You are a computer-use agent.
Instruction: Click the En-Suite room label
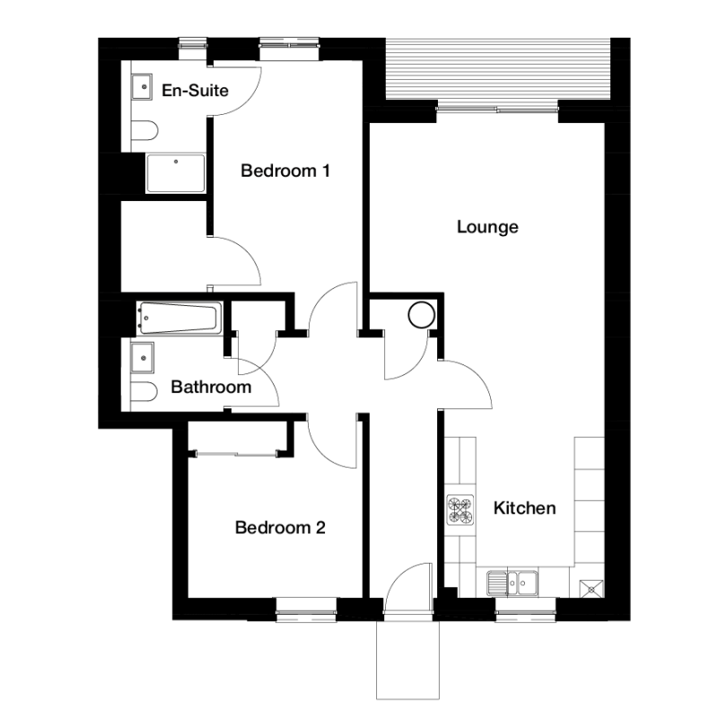click(195, 91)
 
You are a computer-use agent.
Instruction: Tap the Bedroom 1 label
click(285, 171)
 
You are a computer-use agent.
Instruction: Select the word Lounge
click(487, 227)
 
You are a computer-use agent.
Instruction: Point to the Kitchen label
click(525, 508)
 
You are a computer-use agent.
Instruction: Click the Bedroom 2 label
click(280, 528)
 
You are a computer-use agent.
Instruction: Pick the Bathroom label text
click(211, 388)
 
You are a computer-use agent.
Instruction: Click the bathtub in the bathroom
click(179, 318)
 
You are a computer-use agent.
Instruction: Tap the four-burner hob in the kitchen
click(460, 511)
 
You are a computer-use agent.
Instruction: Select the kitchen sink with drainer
click(512, 582)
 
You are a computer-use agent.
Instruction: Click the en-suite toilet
click(144, 130)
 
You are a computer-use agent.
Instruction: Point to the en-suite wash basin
click(142, 87)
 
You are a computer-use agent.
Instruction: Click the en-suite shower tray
click(175, 173)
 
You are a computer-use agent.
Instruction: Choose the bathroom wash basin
click(143, 357)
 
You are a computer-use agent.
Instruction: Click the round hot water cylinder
click(421, 315)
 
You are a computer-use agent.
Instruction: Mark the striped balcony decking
click(498, 69)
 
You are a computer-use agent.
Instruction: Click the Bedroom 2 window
click(306, 609)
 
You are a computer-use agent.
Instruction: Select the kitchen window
click(526, 609)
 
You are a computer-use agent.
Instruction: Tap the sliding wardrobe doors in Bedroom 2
click(236, 454)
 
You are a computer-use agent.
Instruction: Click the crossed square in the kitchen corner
click(591, 588)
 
